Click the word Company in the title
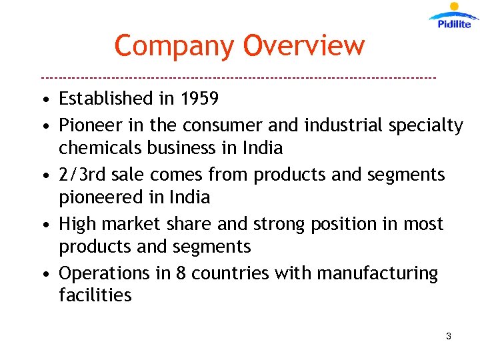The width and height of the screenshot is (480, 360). [x=175, y=46]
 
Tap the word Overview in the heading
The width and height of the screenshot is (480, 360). [x=304, y=45]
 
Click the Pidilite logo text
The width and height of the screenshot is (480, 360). [x=454, y=24]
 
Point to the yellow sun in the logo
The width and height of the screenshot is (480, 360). [x=455, y=7]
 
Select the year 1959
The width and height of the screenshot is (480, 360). [x=199, y=99]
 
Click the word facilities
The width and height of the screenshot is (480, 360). [x=95, y=295]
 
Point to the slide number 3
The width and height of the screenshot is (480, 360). [x=449, y=337]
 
